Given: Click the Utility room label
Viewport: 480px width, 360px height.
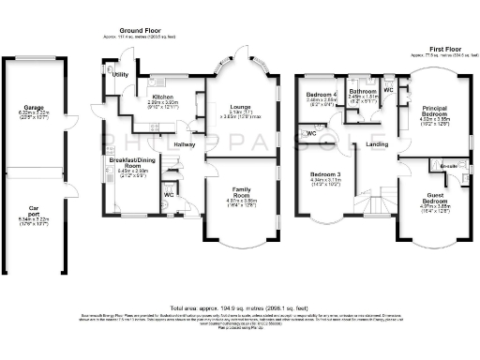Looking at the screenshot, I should point(120,74).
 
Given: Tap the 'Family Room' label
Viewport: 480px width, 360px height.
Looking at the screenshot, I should point(241,192).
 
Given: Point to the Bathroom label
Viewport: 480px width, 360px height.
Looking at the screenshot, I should point(362,91).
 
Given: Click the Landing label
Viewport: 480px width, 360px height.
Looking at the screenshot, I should point(377,144).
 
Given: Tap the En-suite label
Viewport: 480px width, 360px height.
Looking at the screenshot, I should point(450,166).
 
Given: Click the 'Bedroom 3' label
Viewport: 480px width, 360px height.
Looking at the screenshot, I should point(325,175).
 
